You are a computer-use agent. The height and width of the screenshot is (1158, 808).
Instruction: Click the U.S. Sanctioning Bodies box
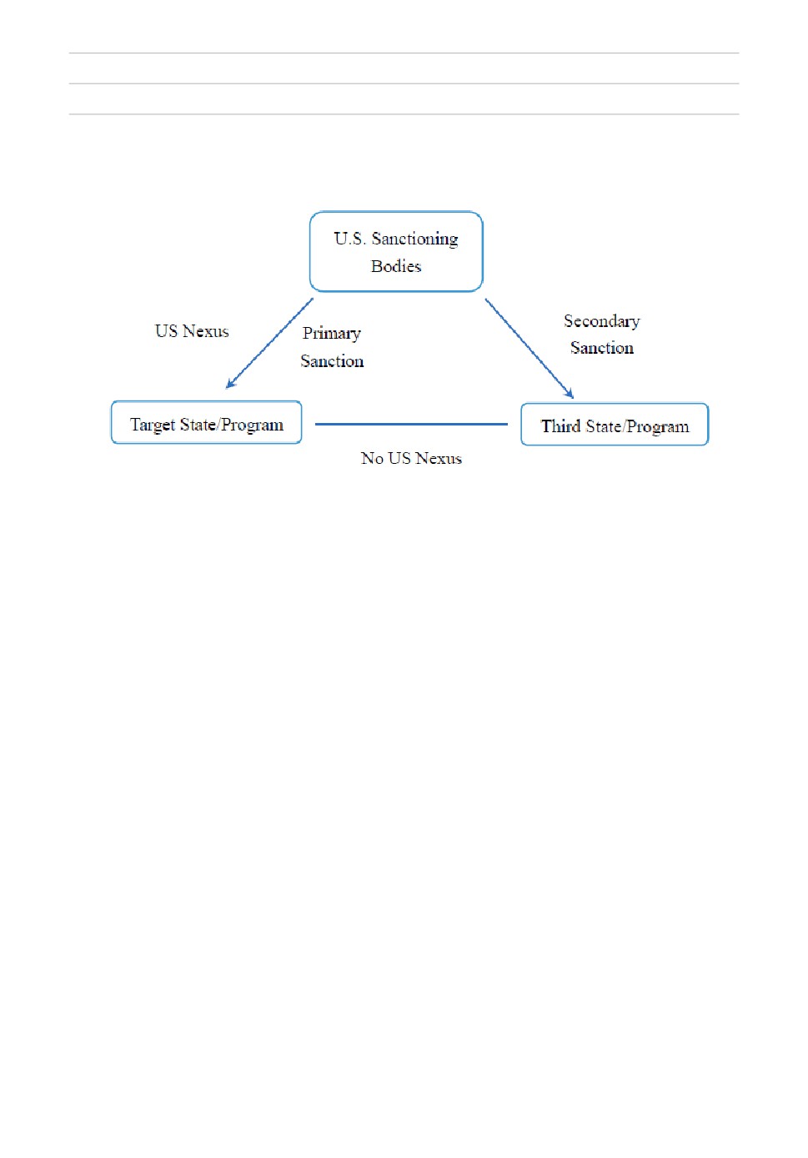pos(396,251)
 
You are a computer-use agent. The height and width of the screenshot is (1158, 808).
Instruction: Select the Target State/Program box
pos(206,422)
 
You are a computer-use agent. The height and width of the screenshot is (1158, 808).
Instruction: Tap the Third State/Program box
pos(615,425)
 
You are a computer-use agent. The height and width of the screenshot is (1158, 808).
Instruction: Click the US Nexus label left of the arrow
pos(192,331)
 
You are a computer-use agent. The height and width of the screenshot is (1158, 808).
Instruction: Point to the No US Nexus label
pos(411,458)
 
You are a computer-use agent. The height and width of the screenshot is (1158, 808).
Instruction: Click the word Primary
pos(331,334)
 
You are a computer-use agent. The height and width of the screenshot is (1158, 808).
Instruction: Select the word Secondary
pos(602,321)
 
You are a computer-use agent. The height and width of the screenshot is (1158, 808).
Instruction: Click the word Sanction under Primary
pos(332,361)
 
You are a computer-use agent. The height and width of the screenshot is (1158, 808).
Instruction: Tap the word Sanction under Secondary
pos(602,348)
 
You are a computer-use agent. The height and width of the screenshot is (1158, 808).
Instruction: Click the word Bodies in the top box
pos(396,266)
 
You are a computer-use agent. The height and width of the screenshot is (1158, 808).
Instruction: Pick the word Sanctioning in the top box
pos(415,239)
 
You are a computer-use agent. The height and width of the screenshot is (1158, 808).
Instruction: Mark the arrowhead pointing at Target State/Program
pos(230,384)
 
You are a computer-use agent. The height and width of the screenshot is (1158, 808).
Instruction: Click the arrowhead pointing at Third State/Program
pos(570,394)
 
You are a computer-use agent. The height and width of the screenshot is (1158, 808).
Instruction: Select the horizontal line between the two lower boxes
pos(411,424)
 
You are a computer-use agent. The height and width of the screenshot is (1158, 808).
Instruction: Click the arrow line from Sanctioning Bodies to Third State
pos(529,349)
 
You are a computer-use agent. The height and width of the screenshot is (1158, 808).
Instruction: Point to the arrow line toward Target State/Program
pos(269,343)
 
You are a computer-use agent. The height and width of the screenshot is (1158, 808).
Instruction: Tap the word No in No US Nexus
pos(372,458)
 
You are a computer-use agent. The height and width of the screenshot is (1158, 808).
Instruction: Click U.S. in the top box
pos(349,239)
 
